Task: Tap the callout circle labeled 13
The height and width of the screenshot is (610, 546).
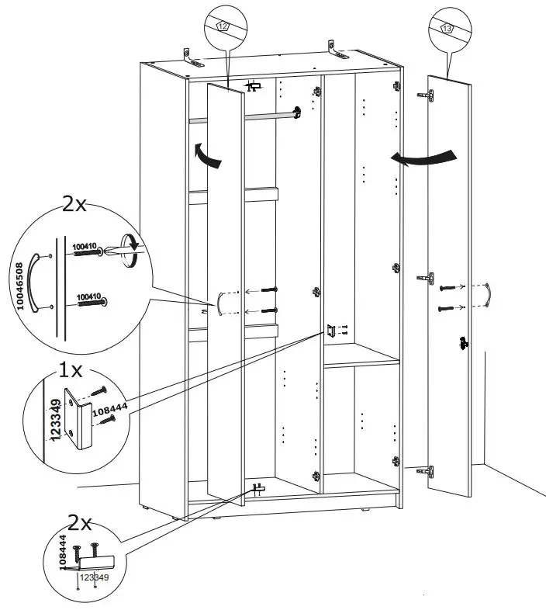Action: pyautogui.click(x=450, y=29)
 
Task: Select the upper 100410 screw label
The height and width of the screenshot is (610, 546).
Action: pyautogui.click(x=84, y=247)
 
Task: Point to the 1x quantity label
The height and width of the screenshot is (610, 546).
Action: pyautogui.click(x=71, y=370)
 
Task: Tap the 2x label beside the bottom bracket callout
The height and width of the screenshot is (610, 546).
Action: pyautogui.click(x=80, y=521)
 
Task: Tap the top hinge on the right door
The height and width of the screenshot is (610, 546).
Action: pyautogui.click(x=425, y=95)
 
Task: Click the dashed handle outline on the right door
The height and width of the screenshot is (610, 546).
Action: pyautogui.click(x=486, y=296)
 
